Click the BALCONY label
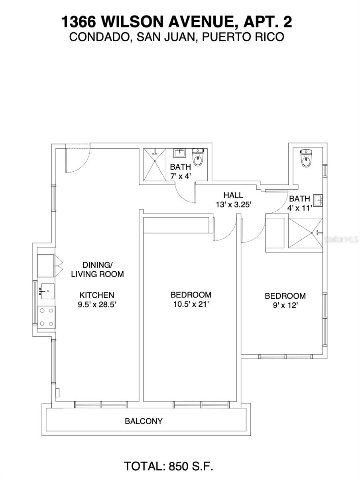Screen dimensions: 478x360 tap(144, 421)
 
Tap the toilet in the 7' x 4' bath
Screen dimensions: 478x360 tap(198, 157)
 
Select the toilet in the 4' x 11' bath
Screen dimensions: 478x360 tap(306, 159)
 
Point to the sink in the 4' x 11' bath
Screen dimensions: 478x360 tap(318, 200)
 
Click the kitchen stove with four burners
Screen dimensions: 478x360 tap(46, 317)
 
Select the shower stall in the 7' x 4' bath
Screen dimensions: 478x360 tap(154, 164)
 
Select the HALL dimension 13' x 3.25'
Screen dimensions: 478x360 tap(233, 205)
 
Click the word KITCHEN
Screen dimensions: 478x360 tap(97, 295)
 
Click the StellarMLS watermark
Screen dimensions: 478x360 tap(341, 239)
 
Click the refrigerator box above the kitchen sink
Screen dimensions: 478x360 tap(46, 266)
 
